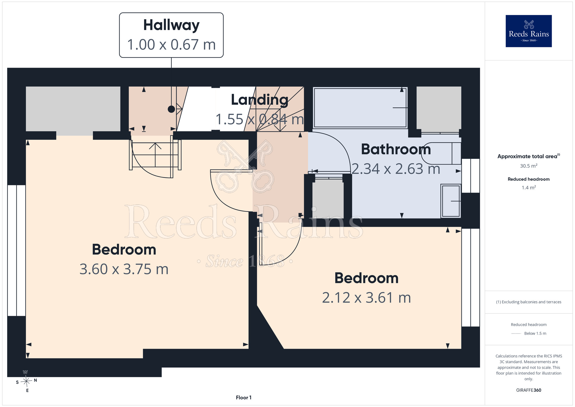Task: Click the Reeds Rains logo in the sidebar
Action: click(x=528, y=31)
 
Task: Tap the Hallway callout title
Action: click(x=171, y=25)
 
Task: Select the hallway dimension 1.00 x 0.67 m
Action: click(x=171, y=45)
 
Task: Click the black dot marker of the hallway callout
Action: click(x=171, y=109)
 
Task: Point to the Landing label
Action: click(x=260, y=100)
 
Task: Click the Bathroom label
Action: click(x=396, y=149)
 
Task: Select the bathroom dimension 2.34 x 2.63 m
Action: click(x=396, y=169)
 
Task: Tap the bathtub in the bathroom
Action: click(x=360, y=108)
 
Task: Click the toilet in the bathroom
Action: click(x=441, y=153)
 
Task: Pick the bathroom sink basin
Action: click(x=451, y=201)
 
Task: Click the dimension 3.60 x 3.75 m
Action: click(x=124, y=269)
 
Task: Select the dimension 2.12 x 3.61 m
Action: click(x=366, y=298)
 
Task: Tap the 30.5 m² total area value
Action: click(x=528, y=166)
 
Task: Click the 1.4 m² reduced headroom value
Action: click(x=528, y=188)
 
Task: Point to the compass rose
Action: click(x=26, y=381)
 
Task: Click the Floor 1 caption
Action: click(x=244, y=398)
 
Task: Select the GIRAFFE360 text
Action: click(x=528, y=390)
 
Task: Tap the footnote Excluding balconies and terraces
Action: click(x=528, y=302)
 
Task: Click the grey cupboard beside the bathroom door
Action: click(x=328, y=199)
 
